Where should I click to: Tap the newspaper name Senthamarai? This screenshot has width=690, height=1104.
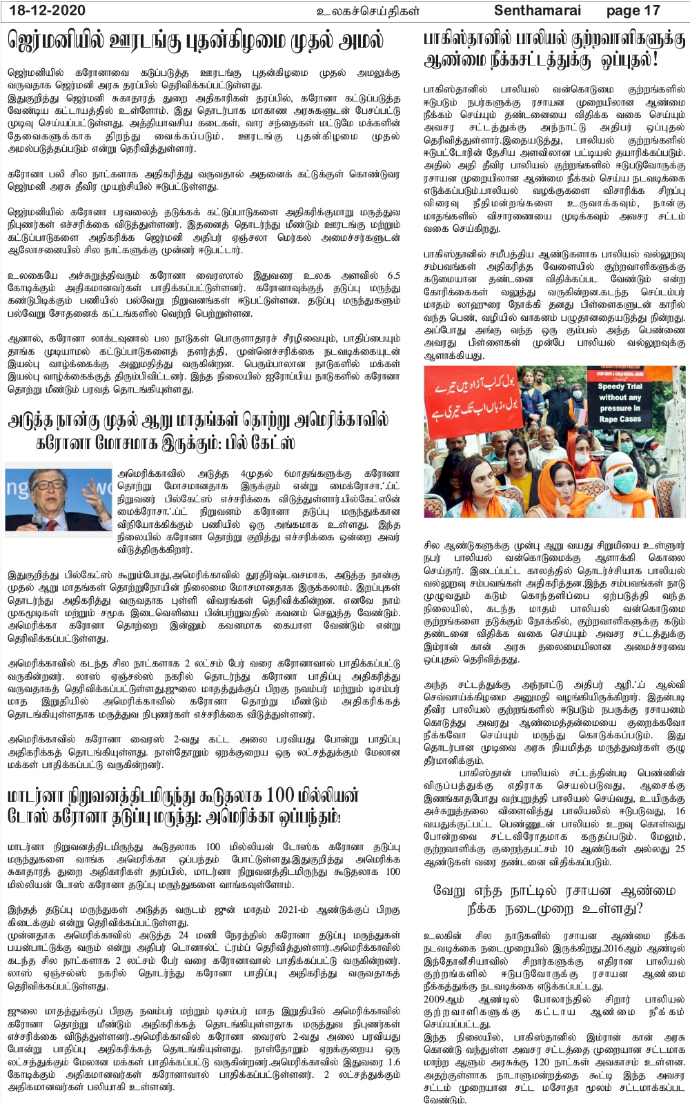tap(538, 11)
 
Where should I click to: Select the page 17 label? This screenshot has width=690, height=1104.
tap(633, 11)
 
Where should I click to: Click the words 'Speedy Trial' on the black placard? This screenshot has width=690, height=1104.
tap(620, 387)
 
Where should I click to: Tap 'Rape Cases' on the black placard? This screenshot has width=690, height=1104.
tap(620, 419)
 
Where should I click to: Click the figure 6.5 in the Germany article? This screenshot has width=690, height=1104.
tap(393, 275)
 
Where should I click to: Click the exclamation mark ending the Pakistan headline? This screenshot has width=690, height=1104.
tap(653, 61)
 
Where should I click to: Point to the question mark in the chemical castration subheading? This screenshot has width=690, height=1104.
tap(638, 907)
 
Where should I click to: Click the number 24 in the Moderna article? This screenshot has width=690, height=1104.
tap(183, 936)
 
